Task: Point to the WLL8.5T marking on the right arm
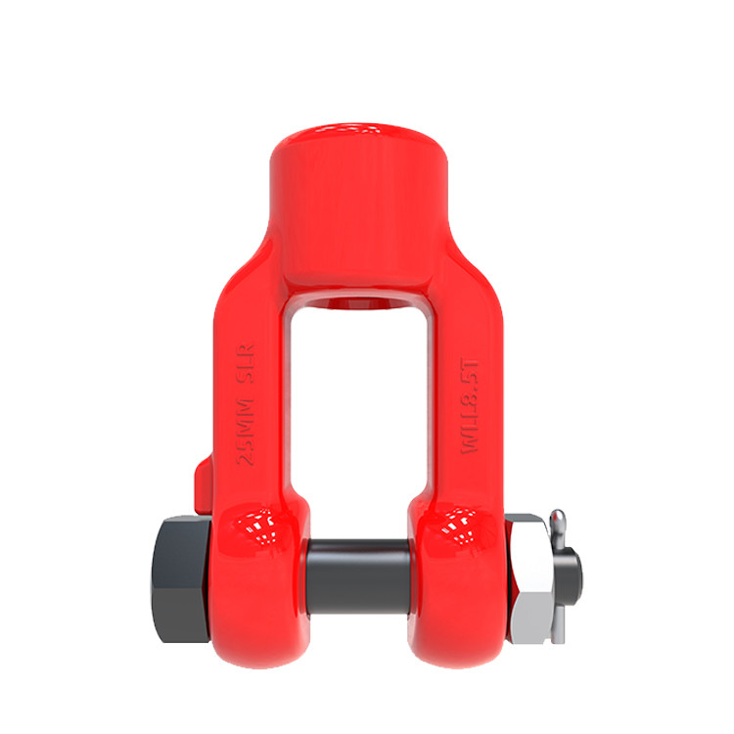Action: coord(471,404)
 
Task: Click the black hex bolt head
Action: coord(180,569)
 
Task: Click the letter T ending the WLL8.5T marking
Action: coord(471,367)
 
